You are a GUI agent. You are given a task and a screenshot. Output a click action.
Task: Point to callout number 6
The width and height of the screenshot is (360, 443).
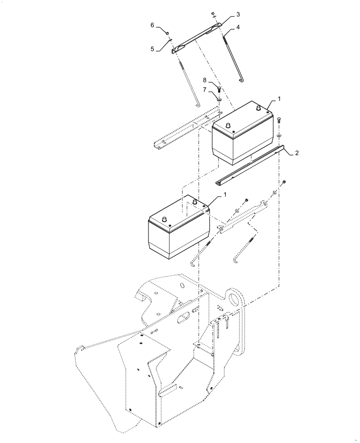[x=152, y=26]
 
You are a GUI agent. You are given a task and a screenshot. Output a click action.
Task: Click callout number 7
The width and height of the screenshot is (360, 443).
[x=204, y=90]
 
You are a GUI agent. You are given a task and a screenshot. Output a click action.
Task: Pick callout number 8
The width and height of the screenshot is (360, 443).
[x=204, y=81]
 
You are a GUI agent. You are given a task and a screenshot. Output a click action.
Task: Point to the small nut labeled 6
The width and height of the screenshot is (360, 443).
[x=168, y=33]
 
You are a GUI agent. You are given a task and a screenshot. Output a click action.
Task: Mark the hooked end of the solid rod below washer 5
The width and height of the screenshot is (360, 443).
[x=198, y=105]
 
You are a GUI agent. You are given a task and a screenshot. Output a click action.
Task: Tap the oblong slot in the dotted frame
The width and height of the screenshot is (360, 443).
[x=182, y=318]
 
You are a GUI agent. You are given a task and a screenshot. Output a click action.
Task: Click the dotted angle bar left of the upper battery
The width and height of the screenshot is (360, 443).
[x=182, y=131]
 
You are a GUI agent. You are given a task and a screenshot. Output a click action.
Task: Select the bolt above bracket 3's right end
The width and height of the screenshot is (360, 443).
[x=213, y=15]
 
